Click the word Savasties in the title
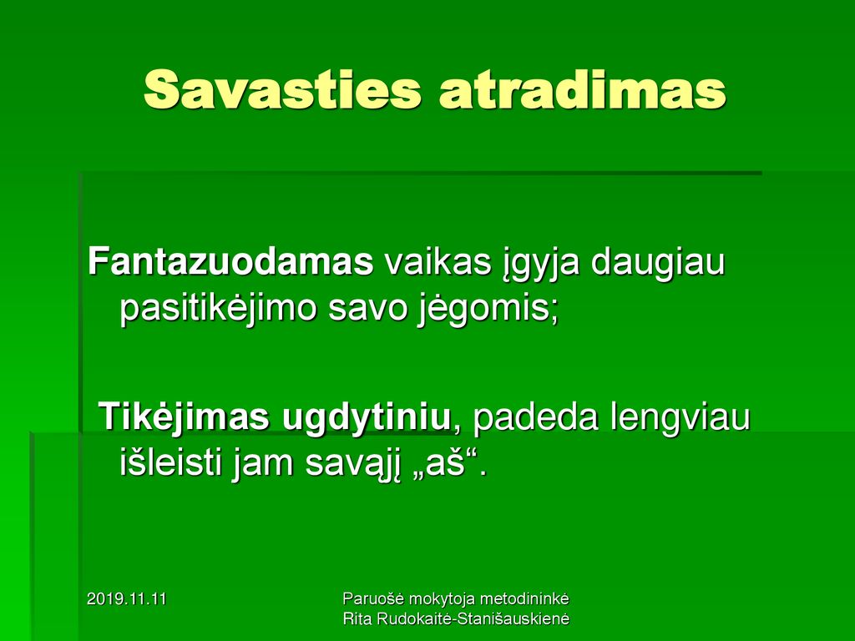[x=282, y=89]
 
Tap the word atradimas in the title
[x=582, y=89]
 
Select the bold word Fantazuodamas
[x=230, y=261]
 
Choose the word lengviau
[x=680, y=420]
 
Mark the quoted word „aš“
[x=442, y=463]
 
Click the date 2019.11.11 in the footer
[x=127, y=599]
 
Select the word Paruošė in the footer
[x=373, y=598]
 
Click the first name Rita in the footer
[x=356, y=618]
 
